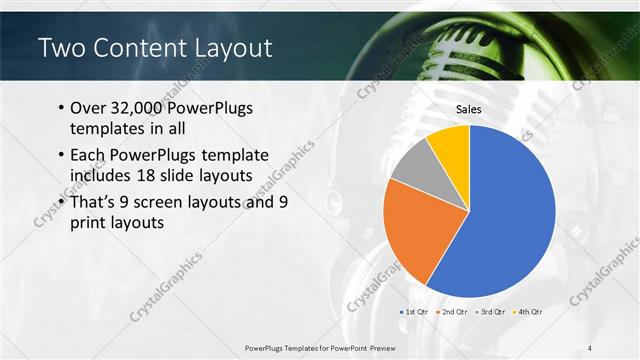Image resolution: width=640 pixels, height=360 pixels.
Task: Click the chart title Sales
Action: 469,109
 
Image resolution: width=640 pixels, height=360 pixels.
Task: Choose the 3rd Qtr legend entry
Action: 493,312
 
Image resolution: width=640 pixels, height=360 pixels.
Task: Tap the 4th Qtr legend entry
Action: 531,312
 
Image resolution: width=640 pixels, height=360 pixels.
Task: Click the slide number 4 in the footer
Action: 590,348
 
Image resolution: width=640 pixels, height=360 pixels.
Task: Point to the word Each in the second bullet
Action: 88,155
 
